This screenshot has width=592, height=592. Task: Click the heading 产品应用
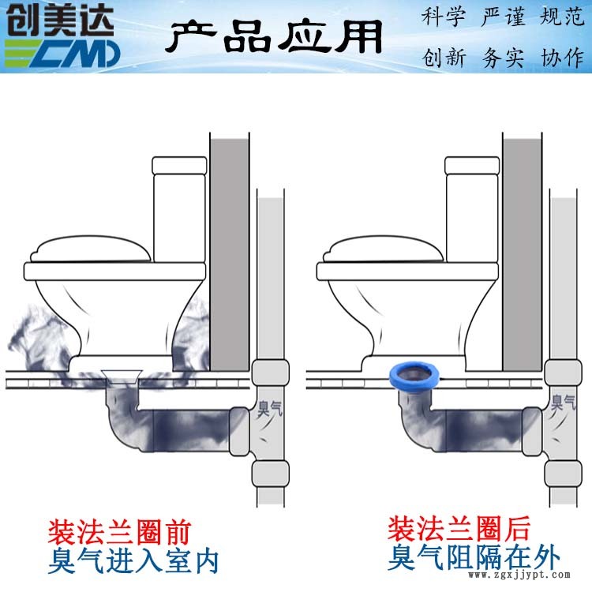point(274,36)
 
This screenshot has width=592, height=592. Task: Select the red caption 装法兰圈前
point(119,532)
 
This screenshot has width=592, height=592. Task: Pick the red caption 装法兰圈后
point(459,529)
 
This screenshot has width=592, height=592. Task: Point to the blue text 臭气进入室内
point(133,561)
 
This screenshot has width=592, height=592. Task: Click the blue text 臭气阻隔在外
point(474,557)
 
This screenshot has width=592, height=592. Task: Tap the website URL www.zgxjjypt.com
point(519,575)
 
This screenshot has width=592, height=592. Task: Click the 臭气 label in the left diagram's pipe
point(269,408)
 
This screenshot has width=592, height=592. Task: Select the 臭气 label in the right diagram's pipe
point(563,402)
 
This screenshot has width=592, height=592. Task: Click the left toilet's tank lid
point(179,166)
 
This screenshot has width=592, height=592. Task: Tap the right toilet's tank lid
point(472,166)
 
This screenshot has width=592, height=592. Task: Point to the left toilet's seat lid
point(91,249)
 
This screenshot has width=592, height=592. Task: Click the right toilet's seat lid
point(384,249)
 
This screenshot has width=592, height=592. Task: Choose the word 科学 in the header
point(444,17)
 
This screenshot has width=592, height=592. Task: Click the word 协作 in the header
point(562,58)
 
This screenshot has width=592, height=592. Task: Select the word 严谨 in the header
point(503,17)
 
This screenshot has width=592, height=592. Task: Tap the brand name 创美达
point(60,21)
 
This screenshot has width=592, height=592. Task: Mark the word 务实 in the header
point(503,58)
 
